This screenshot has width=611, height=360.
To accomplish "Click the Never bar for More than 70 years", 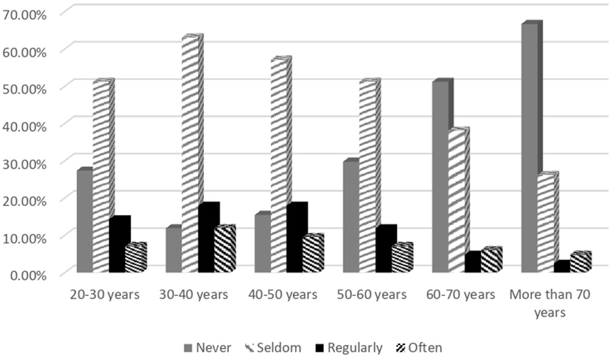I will point(530,149).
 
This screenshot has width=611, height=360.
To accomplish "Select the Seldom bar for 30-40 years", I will point(191,155).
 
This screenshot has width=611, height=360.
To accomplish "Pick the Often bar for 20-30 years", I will point(135,259).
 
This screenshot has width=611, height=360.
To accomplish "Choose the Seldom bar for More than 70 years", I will point(546,223).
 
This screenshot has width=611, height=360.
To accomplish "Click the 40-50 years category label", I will point(283,295).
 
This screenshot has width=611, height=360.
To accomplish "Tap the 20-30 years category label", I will point(105,295).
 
